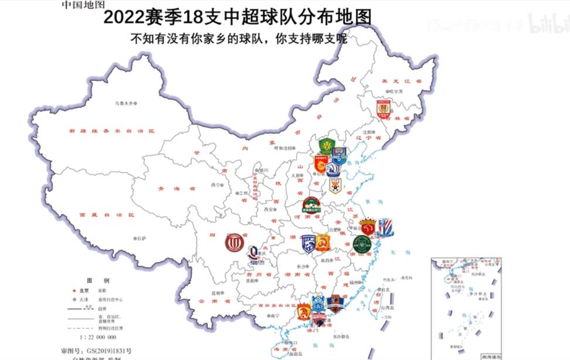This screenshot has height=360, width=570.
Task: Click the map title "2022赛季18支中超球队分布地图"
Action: tap(238, 17)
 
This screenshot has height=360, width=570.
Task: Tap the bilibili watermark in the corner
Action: tap(547, 23)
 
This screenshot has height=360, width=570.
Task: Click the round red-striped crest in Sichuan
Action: tap(234, 243)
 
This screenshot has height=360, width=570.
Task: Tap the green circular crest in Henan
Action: tap(311, 205)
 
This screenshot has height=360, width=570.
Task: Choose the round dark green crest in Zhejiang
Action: tap(362, 243)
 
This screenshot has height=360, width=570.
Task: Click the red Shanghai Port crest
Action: tap(368, 227)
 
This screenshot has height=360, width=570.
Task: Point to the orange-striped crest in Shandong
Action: tap(335, 186)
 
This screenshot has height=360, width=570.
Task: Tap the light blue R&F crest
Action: tap(318, 303)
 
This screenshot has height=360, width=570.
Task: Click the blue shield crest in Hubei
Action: tap(309, 243)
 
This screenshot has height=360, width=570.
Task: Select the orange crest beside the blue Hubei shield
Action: tap(323, 242)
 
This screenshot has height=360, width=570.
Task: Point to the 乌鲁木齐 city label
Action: tap(124, 103)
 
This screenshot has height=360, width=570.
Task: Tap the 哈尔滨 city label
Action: tap(396, 91)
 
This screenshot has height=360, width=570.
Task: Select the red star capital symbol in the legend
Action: tap(73, 290)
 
